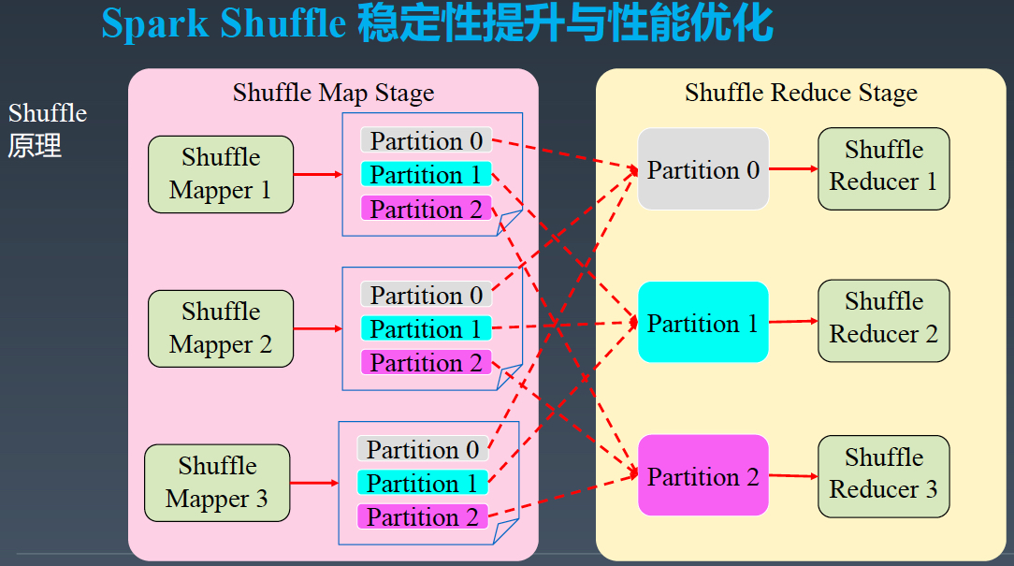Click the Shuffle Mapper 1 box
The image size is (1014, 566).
pos(221,174)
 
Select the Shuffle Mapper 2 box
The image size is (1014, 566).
pos(221,328)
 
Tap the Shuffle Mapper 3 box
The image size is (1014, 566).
pos(217,483)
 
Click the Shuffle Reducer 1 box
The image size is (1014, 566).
pos(883,168)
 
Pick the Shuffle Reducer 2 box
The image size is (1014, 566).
pos(883,321)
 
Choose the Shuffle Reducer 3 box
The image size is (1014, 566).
pos(883,476)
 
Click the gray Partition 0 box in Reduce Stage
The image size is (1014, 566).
pos(703,168)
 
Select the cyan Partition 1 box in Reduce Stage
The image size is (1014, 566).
pos(703,322)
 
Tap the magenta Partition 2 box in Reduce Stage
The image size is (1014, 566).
pos(703,475)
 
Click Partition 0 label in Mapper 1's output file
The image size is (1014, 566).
pos(427,140)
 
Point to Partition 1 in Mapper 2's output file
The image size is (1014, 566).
pos(427,328)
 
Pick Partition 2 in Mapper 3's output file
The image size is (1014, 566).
pos(422,516)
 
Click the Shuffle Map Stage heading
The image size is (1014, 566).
pos(334,94)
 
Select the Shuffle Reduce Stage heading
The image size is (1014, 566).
pos(802,94)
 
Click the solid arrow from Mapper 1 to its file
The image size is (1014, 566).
pos(317,174)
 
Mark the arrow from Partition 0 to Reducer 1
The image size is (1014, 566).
pos(793,168)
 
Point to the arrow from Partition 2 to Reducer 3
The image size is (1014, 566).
pos(793,476)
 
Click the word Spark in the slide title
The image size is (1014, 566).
pos(155,24)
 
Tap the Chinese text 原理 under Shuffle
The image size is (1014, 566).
pos(35,146)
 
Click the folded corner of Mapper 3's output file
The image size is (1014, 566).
pos(505,531)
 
